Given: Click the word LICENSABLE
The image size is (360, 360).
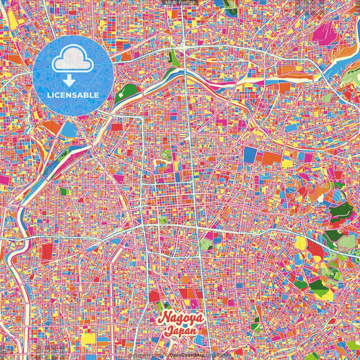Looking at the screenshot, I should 73,95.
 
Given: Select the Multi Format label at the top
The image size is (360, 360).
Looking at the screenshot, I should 180,3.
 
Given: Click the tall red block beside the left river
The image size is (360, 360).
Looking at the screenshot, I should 46,252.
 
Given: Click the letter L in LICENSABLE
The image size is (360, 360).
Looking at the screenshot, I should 49,95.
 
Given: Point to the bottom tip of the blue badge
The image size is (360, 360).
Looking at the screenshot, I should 73,116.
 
